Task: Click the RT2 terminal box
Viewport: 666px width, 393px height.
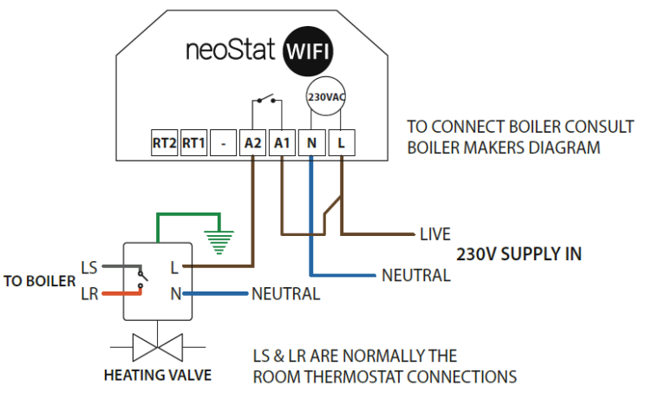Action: (x=164, y=143)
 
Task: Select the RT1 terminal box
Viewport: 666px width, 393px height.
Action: (x=193, y=143)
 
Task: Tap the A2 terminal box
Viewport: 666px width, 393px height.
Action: (x=252, y=143)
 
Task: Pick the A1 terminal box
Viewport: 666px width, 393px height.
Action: (x=282, y=143)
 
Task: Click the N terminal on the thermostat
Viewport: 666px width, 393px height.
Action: (x=311, y=143)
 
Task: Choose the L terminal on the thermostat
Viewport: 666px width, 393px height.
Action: (x=341, y=143)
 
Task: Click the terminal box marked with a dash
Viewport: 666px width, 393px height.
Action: (x=223, y=143)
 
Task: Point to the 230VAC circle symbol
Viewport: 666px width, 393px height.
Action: (x=325, y=98)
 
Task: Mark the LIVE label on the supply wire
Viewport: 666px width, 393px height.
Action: (x=435, y=234)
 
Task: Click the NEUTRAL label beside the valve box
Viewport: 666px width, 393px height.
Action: (x=285, y=294)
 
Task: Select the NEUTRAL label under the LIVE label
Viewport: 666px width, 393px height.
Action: (x=415, y=276)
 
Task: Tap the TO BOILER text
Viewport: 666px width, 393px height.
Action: (x=38, y=281)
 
